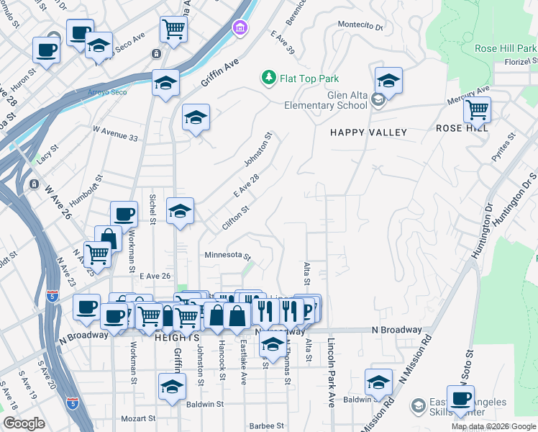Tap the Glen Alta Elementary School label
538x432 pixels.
pos(337,100)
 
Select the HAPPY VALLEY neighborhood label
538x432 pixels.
pos(368,132)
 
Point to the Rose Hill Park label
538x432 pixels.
pos(506,49)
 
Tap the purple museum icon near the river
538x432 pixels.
pos(239,28)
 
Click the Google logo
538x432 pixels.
pos(24,423)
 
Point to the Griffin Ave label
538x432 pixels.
pos(219,73)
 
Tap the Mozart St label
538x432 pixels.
pos(138,418)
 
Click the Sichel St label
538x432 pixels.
pos(152,207)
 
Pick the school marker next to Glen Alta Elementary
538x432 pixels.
pos(388,81)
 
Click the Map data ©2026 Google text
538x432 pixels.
pos(493,426)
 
